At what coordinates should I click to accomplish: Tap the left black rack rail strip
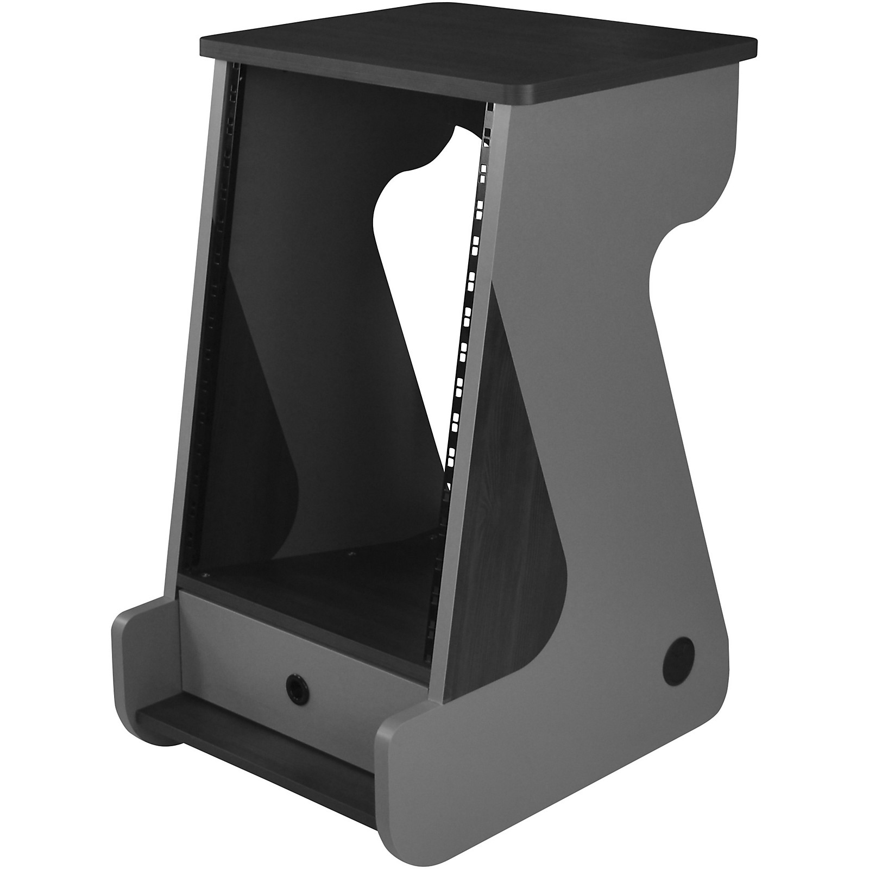coord(217,326)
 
